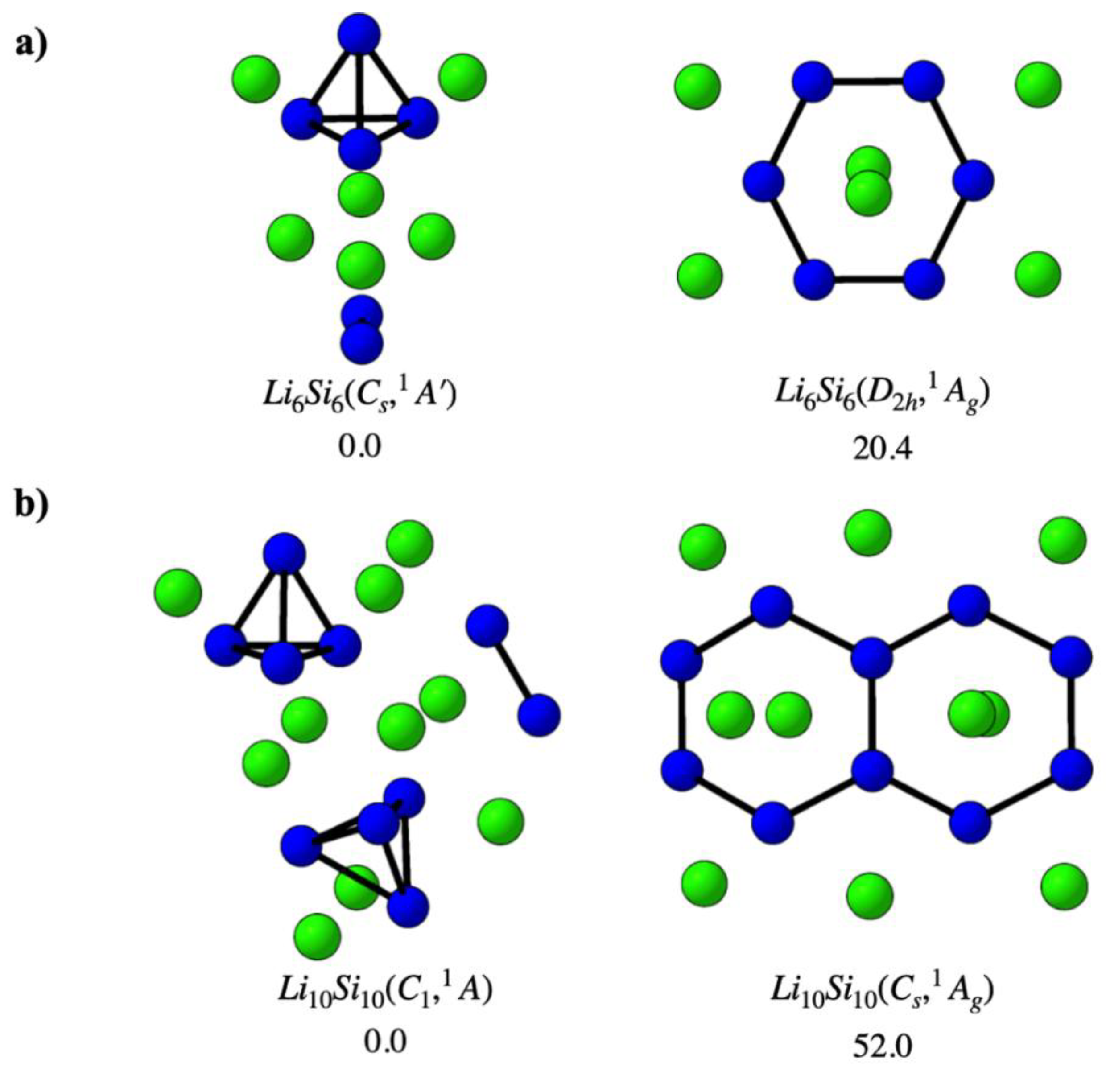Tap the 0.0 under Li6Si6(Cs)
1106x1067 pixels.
(x=359, y=448)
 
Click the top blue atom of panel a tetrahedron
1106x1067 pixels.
(x=359, y=35)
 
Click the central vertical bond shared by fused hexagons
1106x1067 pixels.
(x=872, y=714)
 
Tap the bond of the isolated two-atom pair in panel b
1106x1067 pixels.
(x=512, y=669)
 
